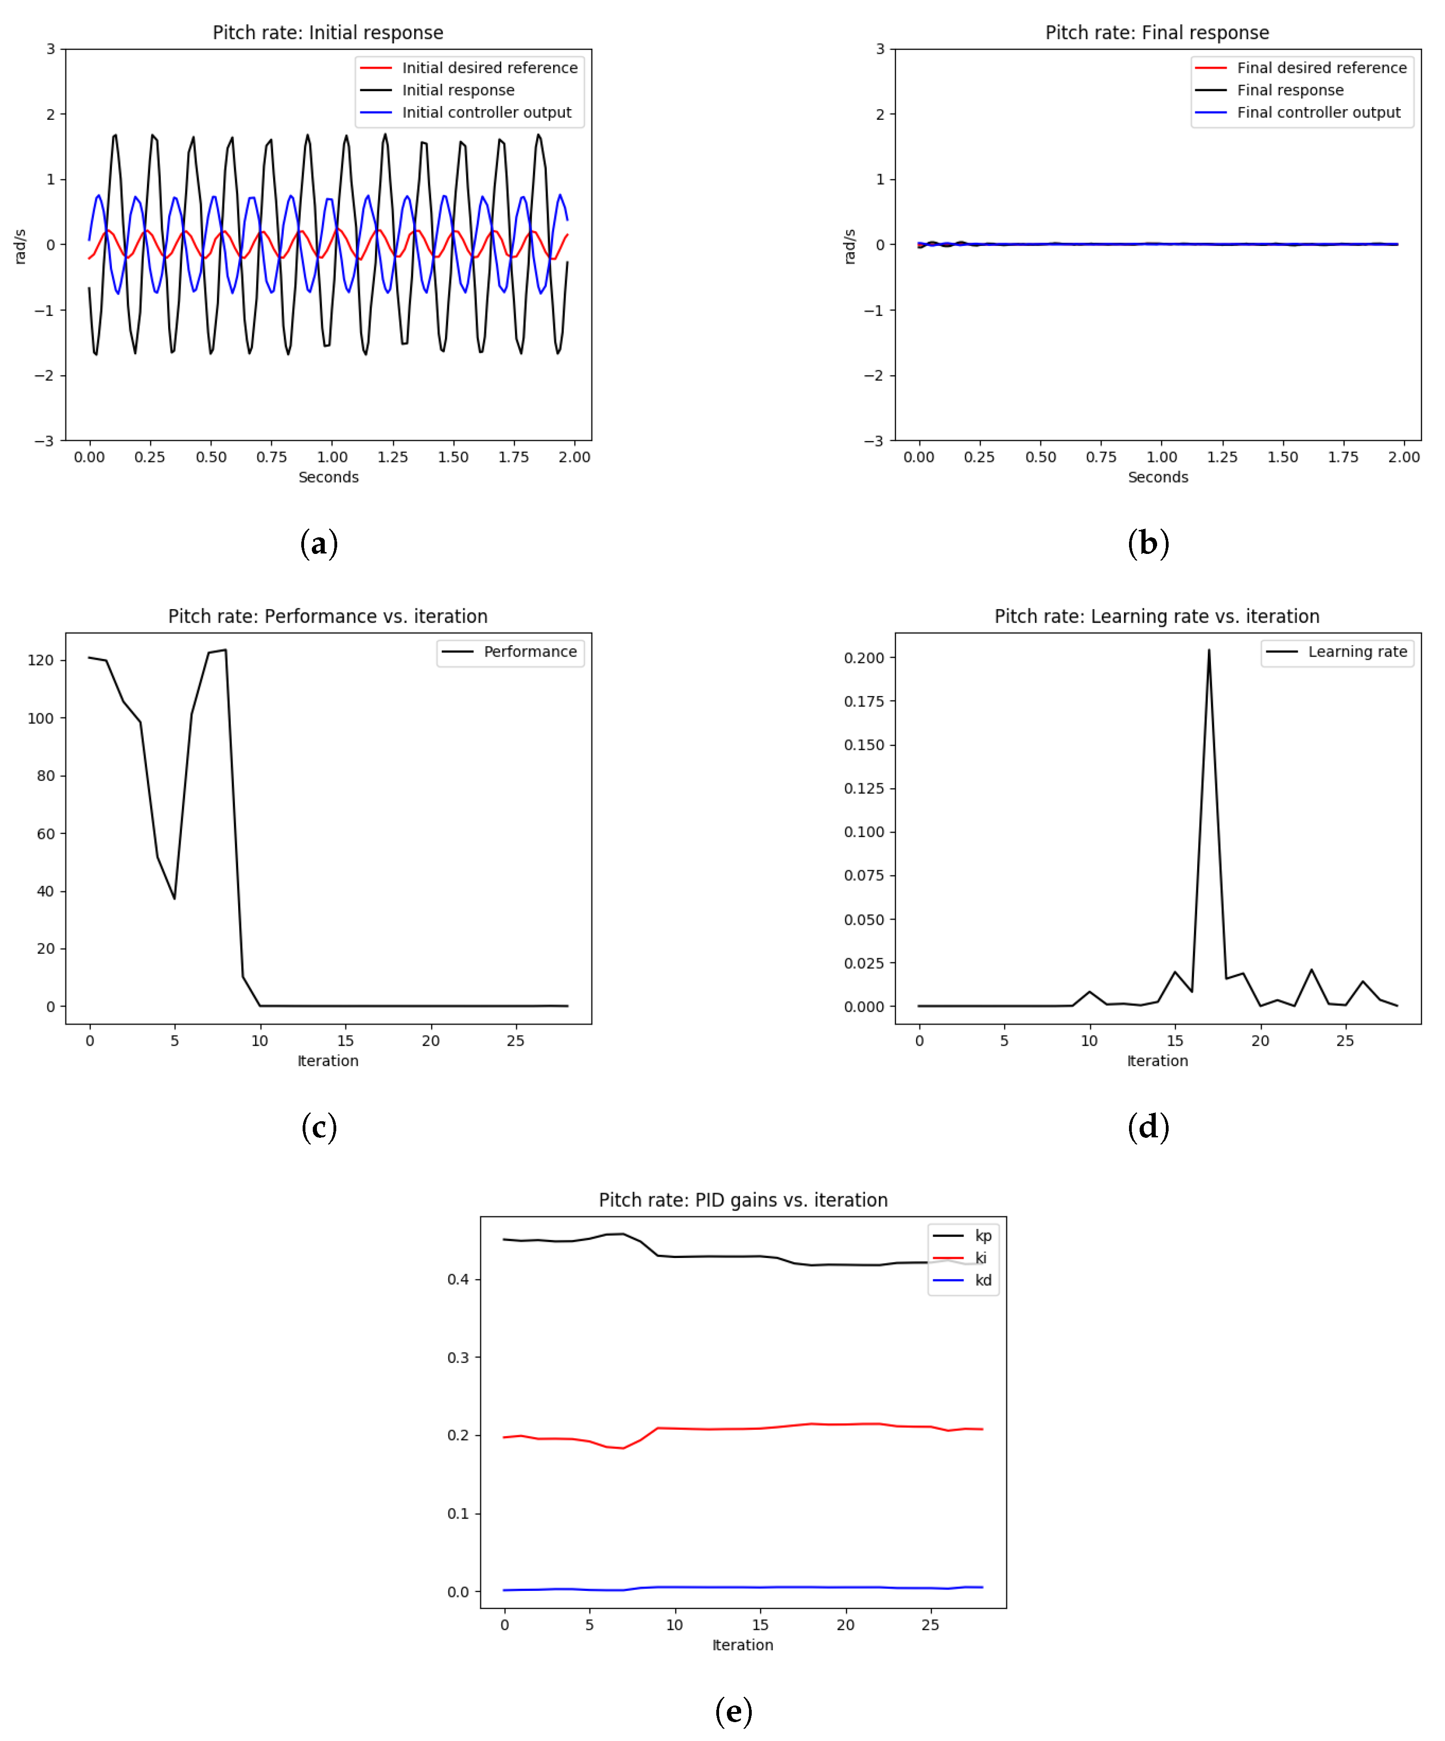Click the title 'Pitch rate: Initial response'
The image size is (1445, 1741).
(x=328, y=32)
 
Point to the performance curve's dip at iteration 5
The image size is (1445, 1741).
(x=174, y=898)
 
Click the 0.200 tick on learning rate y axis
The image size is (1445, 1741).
(x=864, y=658)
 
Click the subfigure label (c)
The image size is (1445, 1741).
(x=319, y=1127)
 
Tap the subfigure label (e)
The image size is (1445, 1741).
(x=733, y=1710)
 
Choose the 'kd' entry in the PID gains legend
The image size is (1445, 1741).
(x=983, y=1280)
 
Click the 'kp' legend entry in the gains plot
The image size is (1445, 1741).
(x=983, y=1235)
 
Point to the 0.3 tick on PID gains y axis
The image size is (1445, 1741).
(x=458, y=1357)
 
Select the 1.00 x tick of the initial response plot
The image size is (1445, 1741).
(x=332, y=457)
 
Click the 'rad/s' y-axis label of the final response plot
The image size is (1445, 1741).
(x=849, y=246)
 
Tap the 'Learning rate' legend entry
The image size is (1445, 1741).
(x=1357, y=652)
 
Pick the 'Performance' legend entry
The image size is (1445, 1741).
(x=530, y=652)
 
